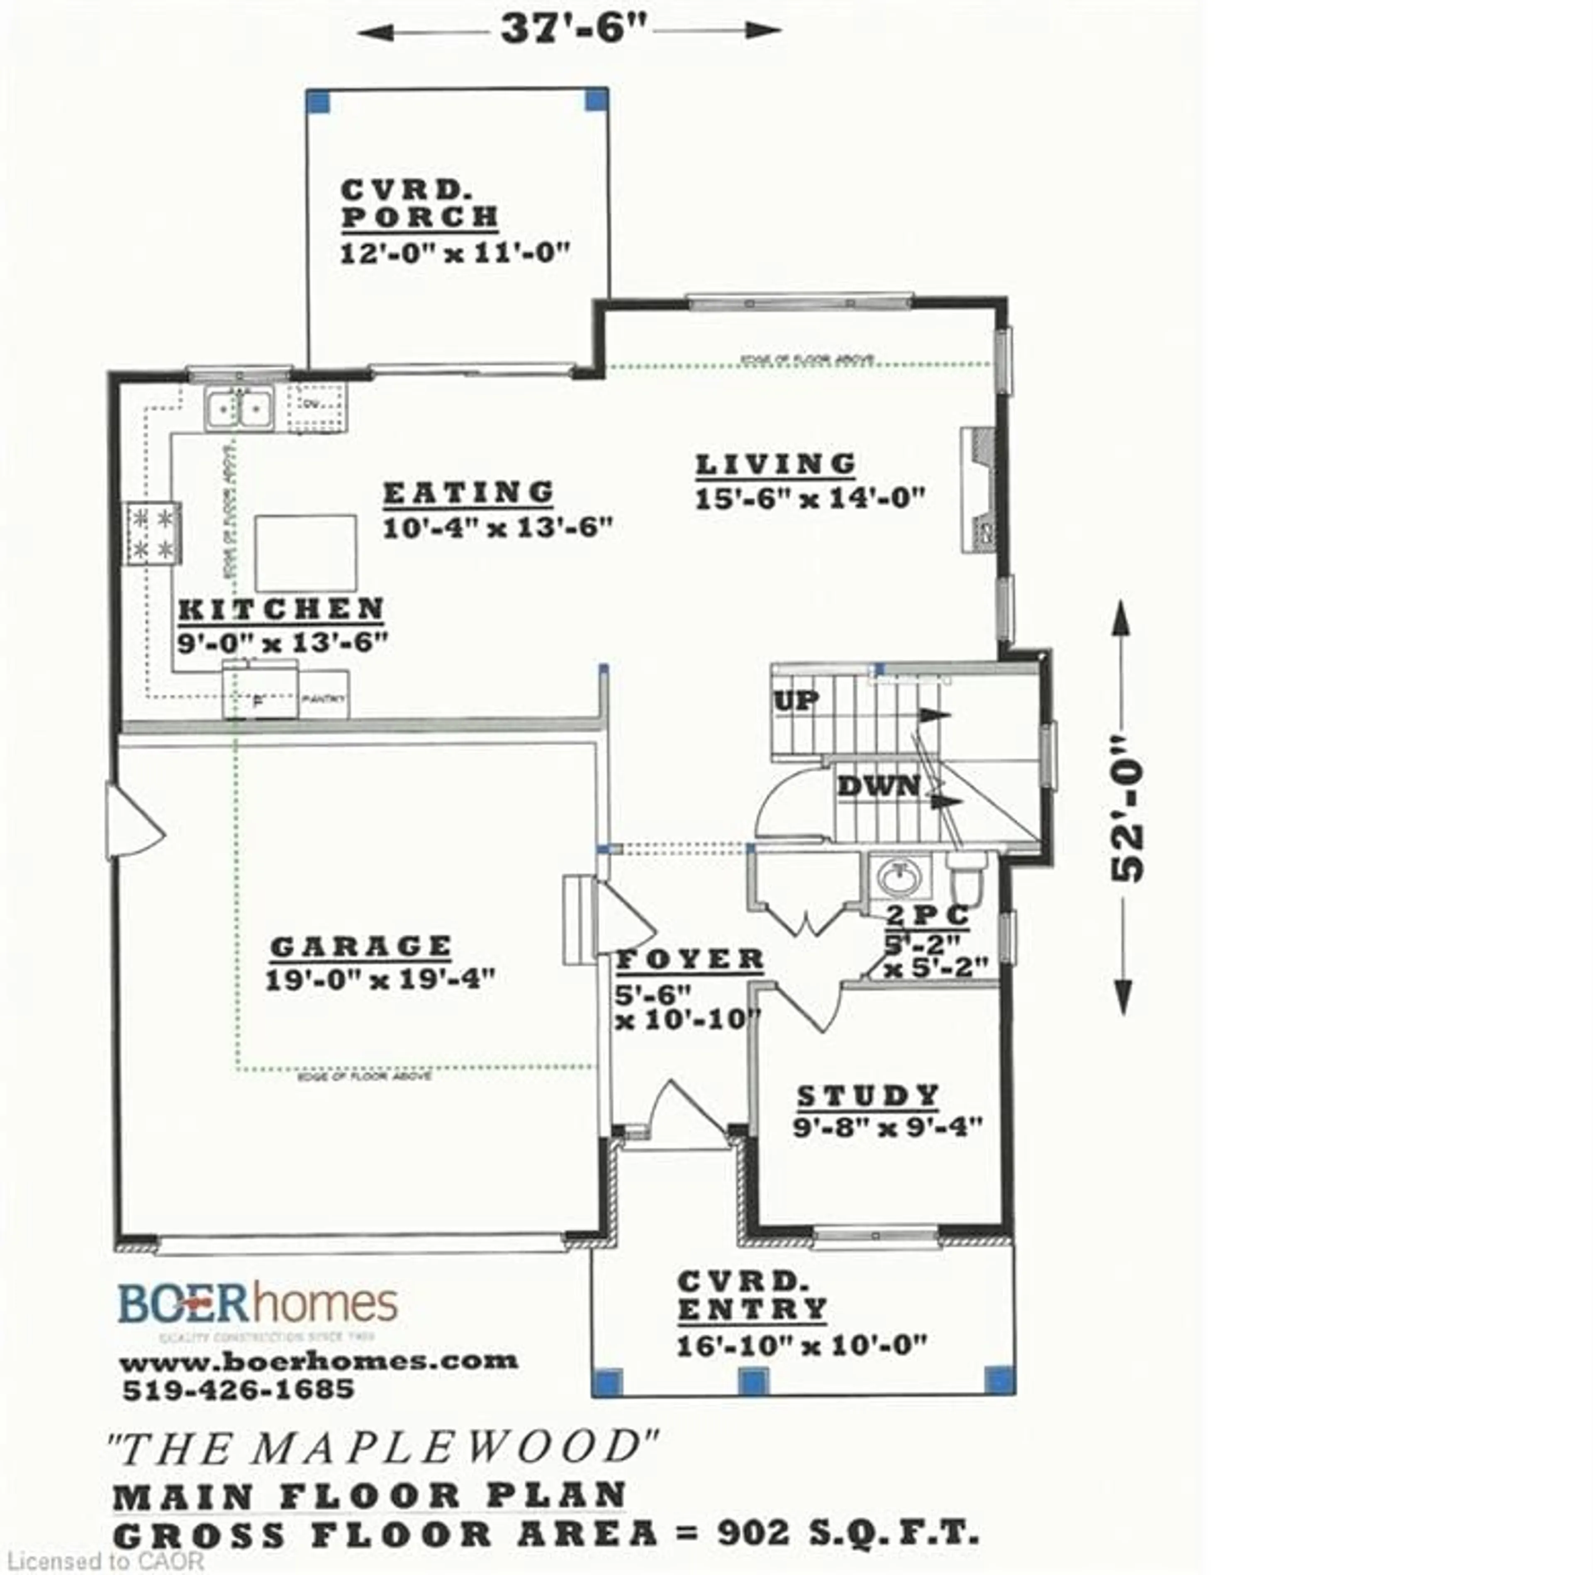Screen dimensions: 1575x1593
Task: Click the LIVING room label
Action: pyautogui.click(x=775, y=465)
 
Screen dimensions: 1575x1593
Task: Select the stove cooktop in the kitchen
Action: pyautogui.click(x=152, y=534)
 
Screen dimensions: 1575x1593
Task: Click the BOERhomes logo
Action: pyautogui.click(x=258, y=1304)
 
